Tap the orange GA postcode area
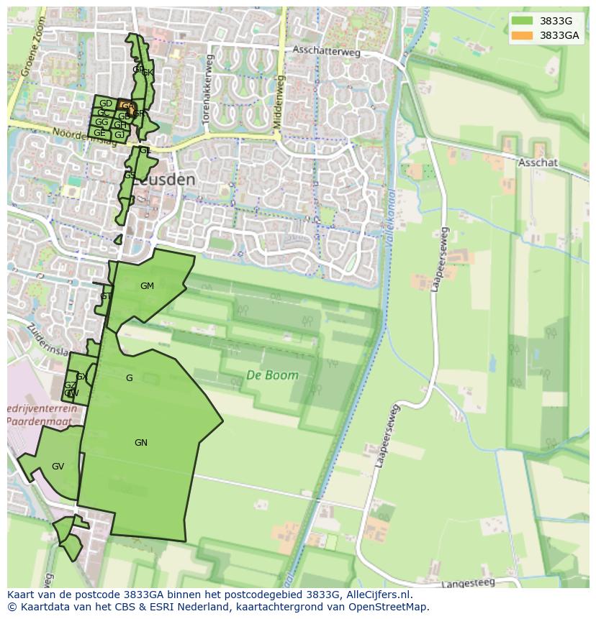[x=127, y=106]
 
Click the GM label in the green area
[x=147, y=286]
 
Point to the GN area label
[x=141, y=443]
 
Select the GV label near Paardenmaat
[x=58, y=467]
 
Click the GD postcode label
[x=106, y=104]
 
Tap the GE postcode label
[x=99, y=133]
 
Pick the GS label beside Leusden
[x=129, y=175]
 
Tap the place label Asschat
[x=538, y=163]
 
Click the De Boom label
[x=272, y=375]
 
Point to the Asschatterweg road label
[x=325, y=50]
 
